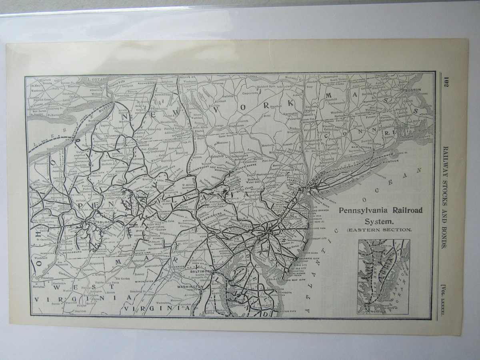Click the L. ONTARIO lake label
(98, 80)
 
